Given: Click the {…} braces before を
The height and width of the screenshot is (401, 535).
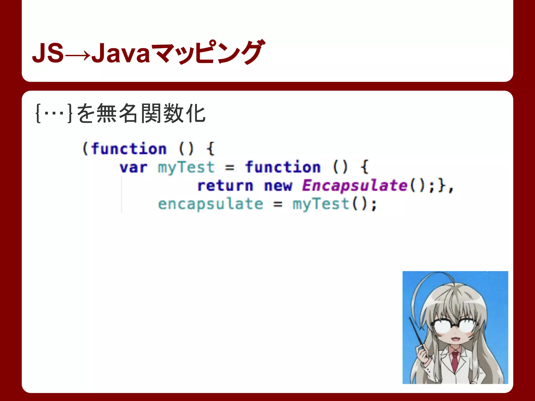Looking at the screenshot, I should tap(54, 113).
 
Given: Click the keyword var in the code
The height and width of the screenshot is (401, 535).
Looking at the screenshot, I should tap(133, 168).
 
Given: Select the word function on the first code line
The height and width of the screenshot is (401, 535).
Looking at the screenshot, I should tap(129, 149).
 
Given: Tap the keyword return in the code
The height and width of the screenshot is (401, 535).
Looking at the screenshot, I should tap(225, 186).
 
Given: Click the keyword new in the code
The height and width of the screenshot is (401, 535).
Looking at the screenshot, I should tap(278, 186).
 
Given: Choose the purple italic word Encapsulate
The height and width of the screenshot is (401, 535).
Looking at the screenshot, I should tap(355, 186).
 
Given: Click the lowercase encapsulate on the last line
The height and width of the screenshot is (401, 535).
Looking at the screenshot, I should tap(211, 204).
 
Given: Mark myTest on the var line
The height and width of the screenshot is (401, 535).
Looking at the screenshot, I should tap(186, 168).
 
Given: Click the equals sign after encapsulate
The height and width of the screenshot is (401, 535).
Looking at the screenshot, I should tap(278, 204).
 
